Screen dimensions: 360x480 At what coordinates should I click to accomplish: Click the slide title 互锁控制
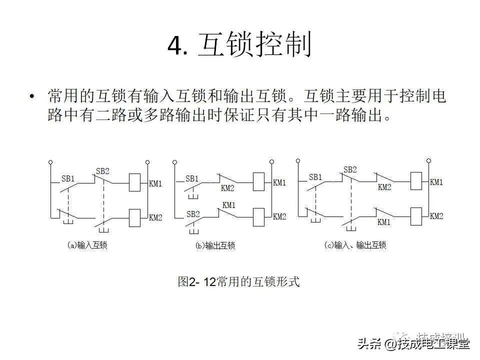[x=255, y=46]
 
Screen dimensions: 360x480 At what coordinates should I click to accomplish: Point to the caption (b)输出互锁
[x=214, y=245]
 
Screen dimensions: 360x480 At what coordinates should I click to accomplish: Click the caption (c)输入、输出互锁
[x=355, y=245]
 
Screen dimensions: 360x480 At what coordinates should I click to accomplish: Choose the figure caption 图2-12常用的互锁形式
[x=238, y=282]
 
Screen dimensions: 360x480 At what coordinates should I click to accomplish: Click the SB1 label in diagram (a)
[x=68, y=178]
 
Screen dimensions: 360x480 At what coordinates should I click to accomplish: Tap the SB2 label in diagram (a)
[x=102, y=171]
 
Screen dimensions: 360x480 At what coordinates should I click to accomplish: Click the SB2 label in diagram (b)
[x=193, y=213]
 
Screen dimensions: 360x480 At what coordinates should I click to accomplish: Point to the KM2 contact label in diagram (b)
[x=227, y=188]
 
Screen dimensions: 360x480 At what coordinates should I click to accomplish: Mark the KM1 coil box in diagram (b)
[x=259, y=182]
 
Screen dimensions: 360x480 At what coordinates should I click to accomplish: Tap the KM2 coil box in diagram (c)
[x=416, y=215]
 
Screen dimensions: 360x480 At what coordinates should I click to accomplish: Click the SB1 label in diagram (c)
[x=315, y=177]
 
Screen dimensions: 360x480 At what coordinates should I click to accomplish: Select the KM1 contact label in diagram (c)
[x=384, y=222]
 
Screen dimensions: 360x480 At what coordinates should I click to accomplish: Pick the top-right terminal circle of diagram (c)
[x=428, y=160]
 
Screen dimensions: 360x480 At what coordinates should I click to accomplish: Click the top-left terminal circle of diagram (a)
[x=50, y=162]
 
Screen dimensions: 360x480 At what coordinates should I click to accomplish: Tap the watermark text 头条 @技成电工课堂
[x=413, y=343]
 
